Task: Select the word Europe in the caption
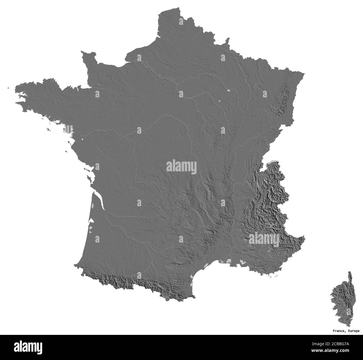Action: point(354,331)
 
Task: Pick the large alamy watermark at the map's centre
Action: point(181,167)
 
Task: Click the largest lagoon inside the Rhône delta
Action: point(229,261)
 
